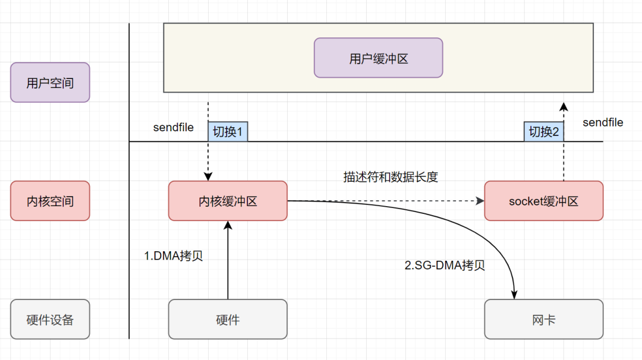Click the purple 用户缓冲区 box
click(x=378, y=58)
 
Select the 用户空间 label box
click(x=50, y=83)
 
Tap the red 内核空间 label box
click(x=50, y=201)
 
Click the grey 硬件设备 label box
click(x=50, y=319)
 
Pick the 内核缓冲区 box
click(x=228, y=201)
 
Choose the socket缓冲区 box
click(x=543, y=201)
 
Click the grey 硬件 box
click(x=228, y=319)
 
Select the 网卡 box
click(x=543, y=319)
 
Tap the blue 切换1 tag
click(x=228, y=132)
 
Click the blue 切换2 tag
click(x=543, y=132)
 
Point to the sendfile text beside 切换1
click(x=173, y=127)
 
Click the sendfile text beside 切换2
click(x=603, y=122)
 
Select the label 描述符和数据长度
click(x=391, y=177)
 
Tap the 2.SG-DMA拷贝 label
click(x=445, y=266)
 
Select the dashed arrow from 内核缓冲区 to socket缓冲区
click(x=386, y=201)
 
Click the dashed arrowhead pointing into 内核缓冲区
click(x=208, y=176)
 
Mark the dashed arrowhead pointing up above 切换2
click(x=564, y=106)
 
